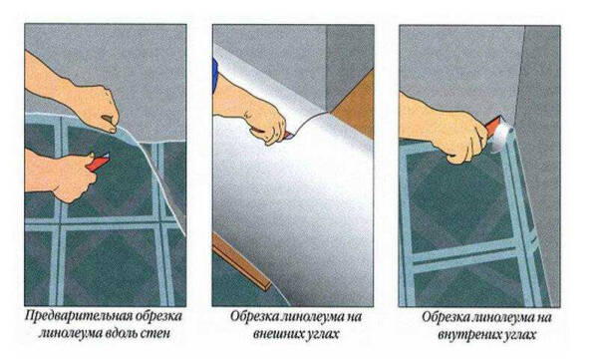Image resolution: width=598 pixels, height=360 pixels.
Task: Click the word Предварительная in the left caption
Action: pyautogui.click(x=73, y=316)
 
